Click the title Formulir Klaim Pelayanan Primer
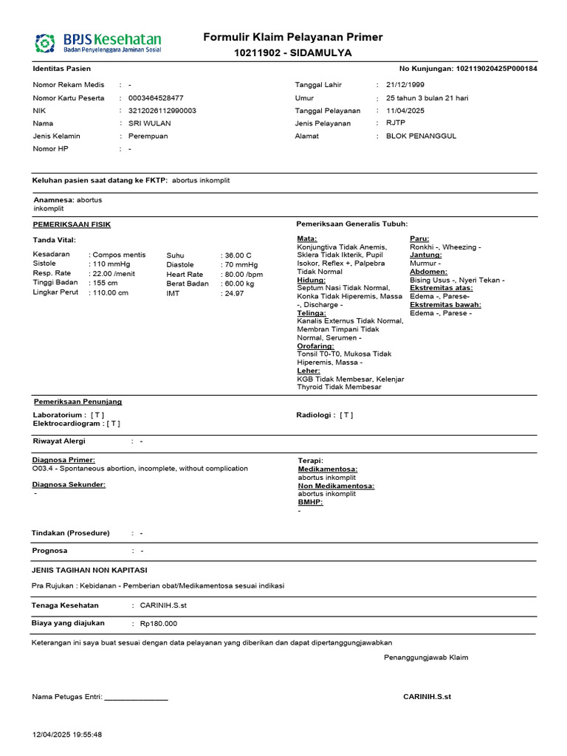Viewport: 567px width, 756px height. (293, 38)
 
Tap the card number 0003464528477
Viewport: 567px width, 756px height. (156, 97)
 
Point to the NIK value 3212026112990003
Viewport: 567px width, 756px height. (162, 111)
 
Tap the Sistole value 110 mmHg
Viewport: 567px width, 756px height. (110, 264)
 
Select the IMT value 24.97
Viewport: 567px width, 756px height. (236, 293)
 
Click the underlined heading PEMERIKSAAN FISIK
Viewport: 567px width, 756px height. (72, 224)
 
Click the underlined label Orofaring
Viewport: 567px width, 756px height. (315, 346)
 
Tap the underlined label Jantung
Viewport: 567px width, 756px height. (426, 255)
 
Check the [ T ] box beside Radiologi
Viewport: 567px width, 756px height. (346, 415)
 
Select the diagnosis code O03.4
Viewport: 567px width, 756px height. (44, 468)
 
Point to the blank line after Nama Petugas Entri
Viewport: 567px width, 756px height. (137, 696)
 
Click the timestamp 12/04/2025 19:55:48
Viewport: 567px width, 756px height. (67, 735)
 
